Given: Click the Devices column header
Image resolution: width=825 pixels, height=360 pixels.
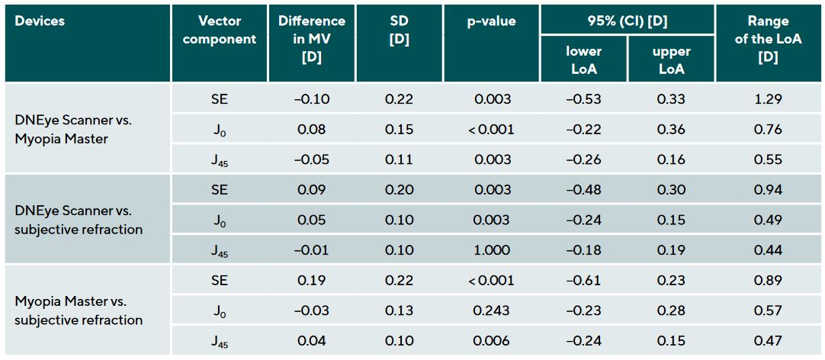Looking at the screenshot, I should pos(40,21).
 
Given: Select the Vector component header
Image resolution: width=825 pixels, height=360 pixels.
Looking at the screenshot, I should pos(220,31).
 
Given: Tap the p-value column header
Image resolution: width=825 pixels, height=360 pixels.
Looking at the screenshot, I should pos(491,21).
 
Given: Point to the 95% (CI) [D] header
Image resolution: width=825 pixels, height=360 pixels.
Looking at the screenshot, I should pos(627,21).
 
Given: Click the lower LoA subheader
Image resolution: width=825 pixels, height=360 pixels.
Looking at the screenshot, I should pos(583,59).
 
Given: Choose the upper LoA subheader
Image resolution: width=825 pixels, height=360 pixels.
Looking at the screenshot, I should pos(671,59).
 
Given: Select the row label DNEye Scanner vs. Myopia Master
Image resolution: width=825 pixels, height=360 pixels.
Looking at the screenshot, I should pos(69,129).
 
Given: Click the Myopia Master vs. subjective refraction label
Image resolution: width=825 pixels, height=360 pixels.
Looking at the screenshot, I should pos(79,310).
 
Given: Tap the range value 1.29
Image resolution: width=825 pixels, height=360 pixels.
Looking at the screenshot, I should pos(768,99).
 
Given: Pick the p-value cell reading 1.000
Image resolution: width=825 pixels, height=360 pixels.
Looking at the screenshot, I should pos(491,250).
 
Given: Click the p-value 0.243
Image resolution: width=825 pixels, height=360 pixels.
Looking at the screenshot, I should pos(491,310).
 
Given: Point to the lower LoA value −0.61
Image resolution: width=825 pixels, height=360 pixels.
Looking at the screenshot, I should pos(583,281).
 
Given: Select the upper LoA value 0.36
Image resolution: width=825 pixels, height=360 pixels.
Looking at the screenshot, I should pos(671,130).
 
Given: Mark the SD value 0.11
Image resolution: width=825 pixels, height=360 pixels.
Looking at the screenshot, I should pos(400,159).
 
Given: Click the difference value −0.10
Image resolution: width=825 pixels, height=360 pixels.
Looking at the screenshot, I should pos(311,99).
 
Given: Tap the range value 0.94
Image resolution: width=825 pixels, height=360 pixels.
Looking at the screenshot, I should pos(768,190).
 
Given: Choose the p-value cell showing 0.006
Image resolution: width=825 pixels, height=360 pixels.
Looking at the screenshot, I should pos(491,341).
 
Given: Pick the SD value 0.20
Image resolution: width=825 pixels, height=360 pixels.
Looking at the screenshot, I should pos(400,190).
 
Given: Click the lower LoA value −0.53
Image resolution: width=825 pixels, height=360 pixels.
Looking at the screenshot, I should pos(583,99).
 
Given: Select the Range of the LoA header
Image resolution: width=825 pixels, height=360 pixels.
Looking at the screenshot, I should pos(768,40).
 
